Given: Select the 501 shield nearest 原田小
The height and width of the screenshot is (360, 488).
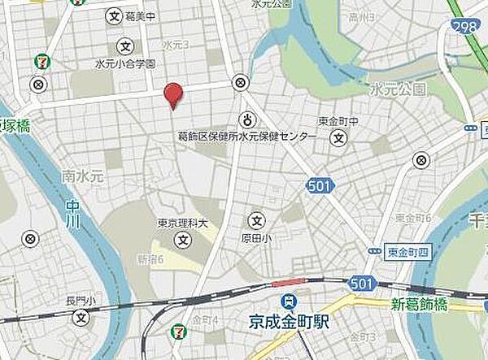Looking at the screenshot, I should tap(319, 187).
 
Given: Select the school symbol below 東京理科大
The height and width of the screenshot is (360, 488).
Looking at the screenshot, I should tap(184, 241).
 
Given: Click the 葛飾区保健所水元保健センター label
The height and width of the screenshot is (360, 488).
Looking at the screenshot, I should tap(246, 137).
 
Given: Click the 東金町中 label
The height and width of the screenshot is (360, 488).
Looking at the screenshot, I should tap(338, 121).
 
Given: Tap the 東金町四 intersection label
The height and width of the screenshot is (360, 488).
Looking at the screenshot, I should tap(407, 252).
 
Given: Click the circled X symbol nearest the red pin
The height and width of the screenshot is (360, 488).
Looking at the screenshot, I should tap(240, 82).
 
